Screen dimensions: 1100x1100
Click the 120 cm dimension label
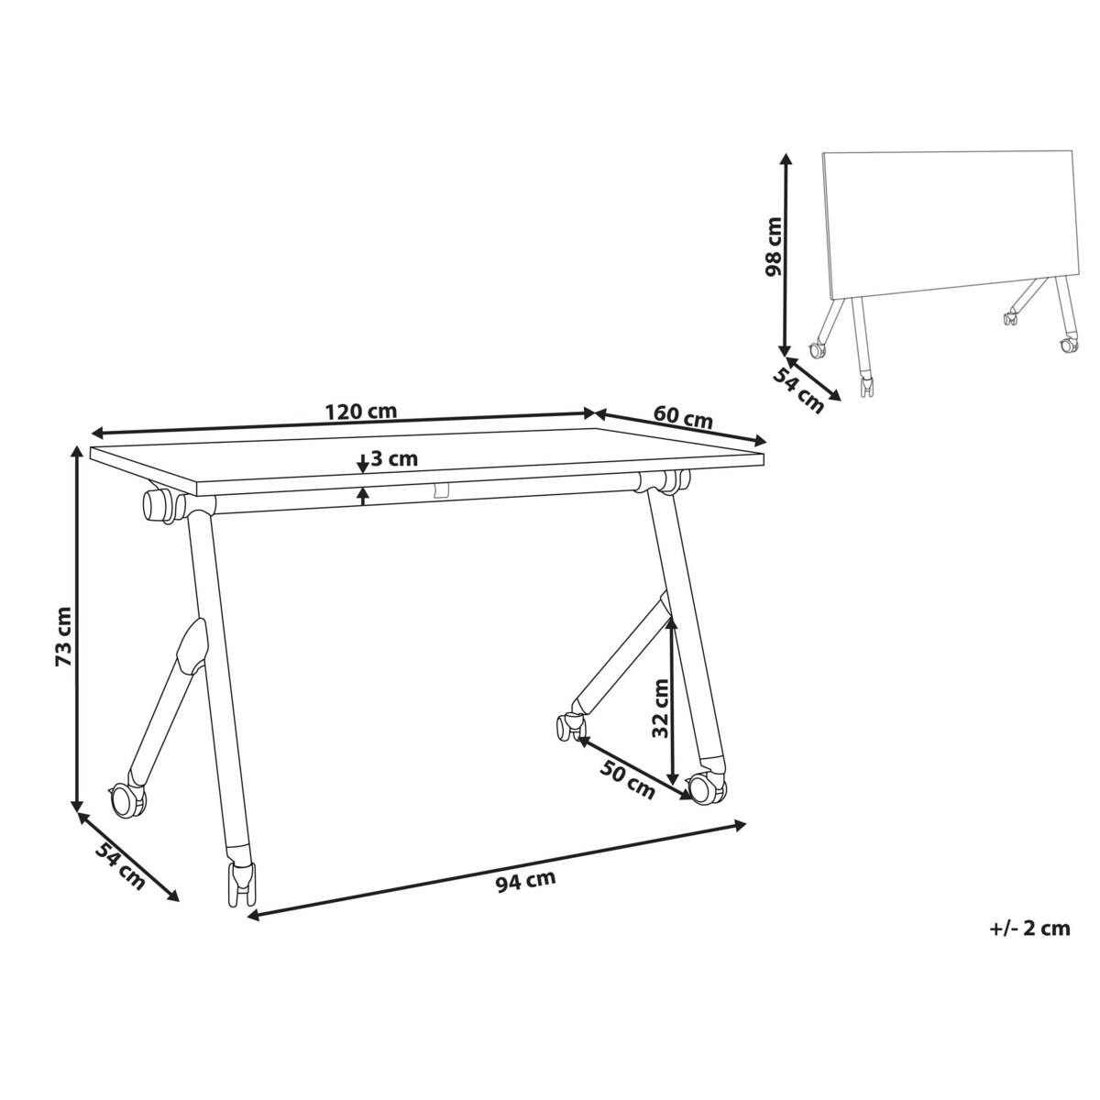(361, 412)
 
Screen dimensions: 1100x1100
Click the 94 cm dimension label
(525, 882)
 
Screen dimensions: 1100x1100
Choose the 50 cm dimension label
(627, 775)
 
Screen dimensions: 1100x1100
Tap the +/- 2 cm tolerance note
(1029, 929)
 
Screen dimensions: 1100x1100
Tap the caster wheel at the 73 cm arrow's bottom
(126, 801)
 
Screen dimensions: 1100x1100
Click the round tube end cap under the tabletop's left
(157, 504)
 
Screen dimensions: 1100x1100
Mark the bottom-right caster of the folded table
(1068, 346)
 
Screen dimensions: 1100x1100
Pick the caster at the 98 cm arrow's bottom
(816, 349)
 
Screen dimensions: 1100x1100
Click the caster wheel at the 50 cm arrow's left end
(568, 726)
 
